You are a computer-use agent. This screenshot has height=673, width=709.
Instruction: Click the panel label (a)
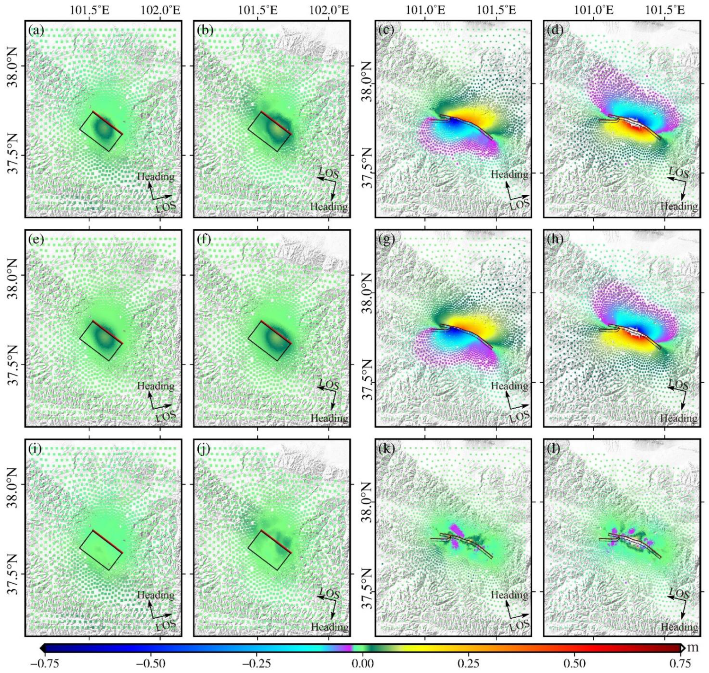tap(36, 31)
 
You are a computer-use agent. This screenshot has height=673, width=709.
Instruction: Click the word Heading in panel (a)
tap(156, 176)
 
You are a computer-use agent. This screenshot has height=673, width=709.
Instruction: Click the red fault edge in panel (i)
tap(108, 542)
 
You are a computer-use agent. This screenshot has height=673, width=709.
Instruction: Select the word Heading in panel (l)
tap(679, 627)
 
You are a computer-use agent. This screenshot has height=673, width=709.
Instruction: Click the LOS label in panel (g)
tap(519, 416)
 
